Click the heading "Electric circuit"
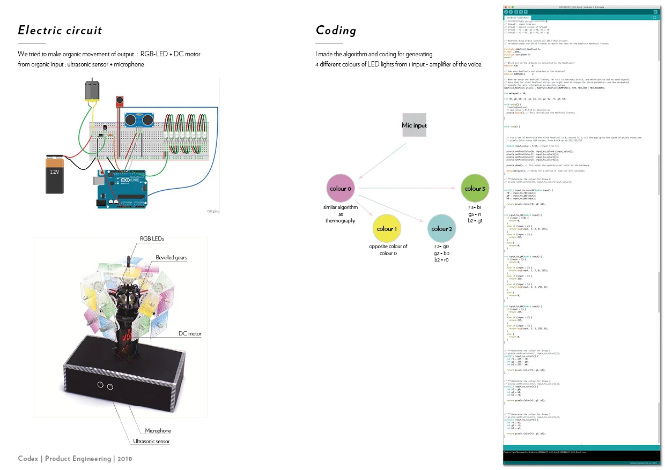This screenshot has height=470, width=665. pyautogui.click(x=60, y=31)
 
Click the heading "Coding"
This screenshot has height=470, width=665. pyautogui.click(x=336, y=31)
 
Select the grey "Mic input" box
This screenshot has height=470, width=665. pyautogui.click(x=415, y=125)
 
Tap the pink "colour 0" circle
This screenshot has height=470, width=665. pyautogui.click(x=341, y=189)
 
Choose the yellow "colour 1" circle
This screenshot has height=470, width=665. pyautogui.click(x=387, y=229)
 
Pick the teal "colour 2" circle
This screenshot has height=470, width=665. pyautogui.click(x=442, y=229)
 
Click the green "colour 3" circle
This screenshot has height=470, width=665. pyautogui.click(x=475, y=189)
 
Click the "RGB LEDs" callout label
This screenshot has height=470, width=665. pyautogui.click(x=152, y=238)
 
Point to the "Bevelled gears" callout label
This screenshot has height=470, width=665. pyautogui.click(x=171, y=258)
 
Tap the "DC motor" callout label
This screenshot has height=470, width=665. pyautogui.click(x=190, y=334)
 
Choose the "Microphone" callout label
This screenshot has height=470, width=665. pyautogui.click(x=158, y=430)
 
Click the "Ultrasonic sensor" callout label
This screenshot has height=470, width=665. pyautogui.click(x=151, y=442)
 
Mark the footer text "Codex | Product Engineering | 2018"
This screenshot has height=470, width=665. pyautogui.click(x=75, y=459)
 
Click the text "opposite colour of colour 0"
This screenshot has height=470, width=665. pyautogui.click(x=388, y=250)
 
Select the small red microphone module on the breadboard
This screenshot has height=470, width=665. pyautogui.click(x=118, y=101)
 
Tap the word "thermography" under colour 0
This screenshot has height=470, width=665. pyautogui.click(x=341, y=221)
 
